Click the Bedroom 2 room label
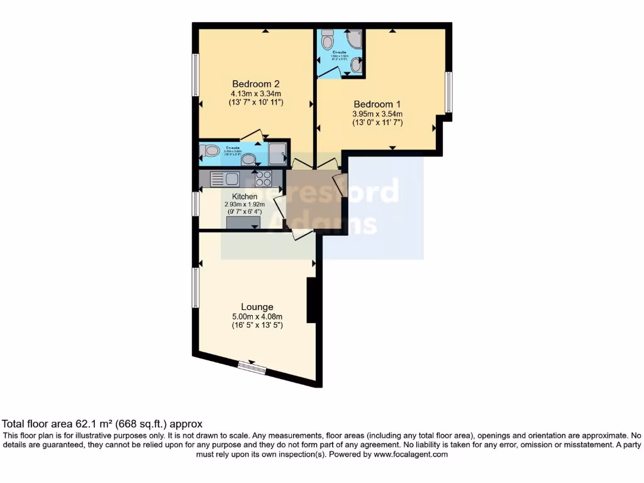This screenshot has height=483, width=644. (x=255, y=84)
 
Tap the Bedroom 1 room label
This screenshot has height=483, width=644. (x=377, y=104)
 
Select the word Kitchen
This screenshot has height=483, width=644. (x=245, y=197)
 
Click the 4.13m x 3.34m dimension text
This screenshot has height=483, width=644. (x=255, y=93)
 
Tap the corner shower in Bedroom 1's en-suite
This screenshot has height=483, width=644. (x=354, y=39)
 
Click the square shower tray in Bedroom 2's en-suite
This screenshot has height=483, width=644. (x=277, y=151)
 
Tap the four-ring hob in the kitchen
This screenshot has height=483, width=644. (x=263, y=179)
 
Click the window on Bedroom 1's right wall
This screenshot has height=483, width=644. (x=448, y=92)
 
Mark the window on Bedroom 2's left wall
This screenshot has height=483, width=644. (x=196, y=75)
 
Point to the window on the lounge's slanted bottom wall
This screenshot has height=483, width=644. (x=252, y=367)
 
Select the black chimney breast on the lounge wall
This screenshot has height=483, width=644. (x=311, y=301)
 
